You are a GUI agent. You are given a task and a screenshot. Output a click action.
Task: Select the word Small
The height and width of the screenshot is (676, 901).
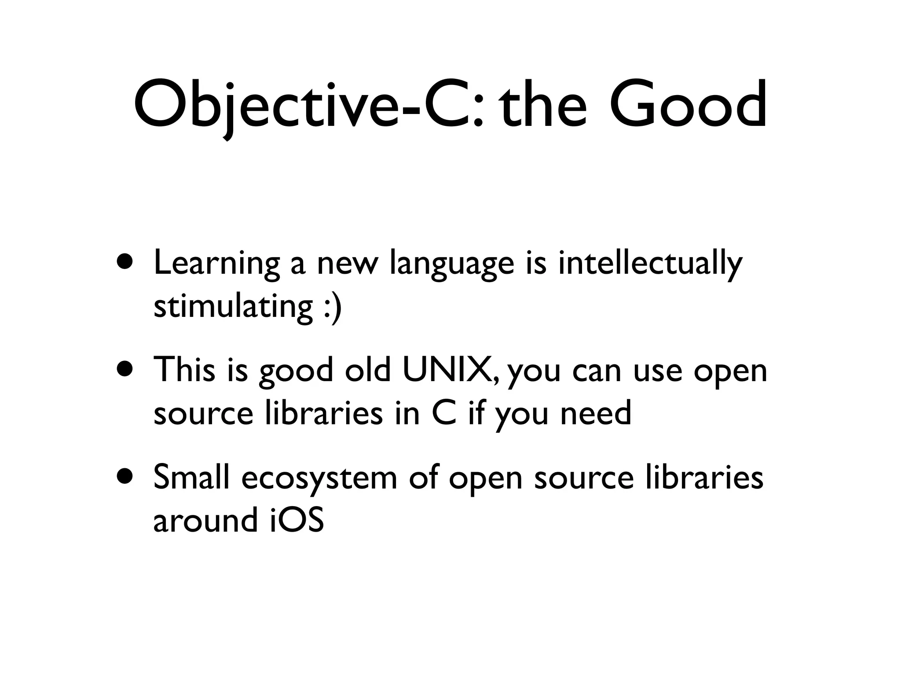click(192, 477)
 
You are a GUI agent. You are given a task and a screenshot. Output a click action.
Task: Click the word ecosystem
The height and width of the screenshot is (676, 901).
click(319, 478)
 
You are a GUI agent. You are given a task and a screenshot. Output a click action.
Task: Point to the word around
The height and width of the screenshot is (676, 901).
click(205, 520)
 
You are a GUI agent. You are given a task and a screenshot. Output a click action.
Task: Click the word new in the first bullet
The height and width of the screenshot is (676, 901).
click(348, 264)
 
